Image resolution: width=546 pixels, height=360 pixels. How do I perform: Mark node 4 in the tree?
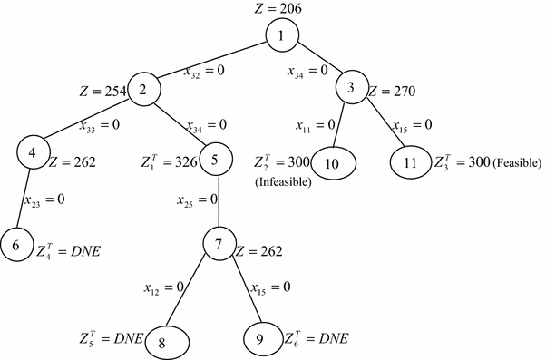tap(33, 152)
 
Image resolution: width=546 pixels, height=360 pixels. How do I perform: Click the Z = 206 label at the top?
tap(283, 9)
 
